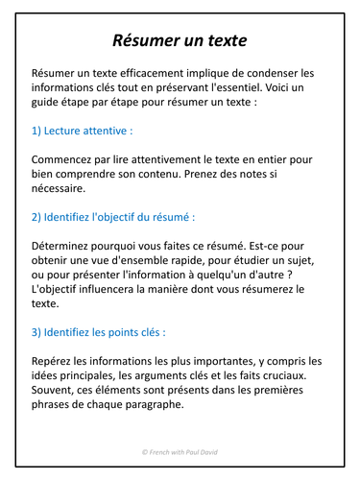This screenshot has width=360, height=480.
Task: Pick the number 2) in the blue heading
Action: (x=37, y=217)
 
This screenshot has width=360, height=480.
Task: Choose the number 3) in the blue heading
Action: (x=37, y=332)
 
